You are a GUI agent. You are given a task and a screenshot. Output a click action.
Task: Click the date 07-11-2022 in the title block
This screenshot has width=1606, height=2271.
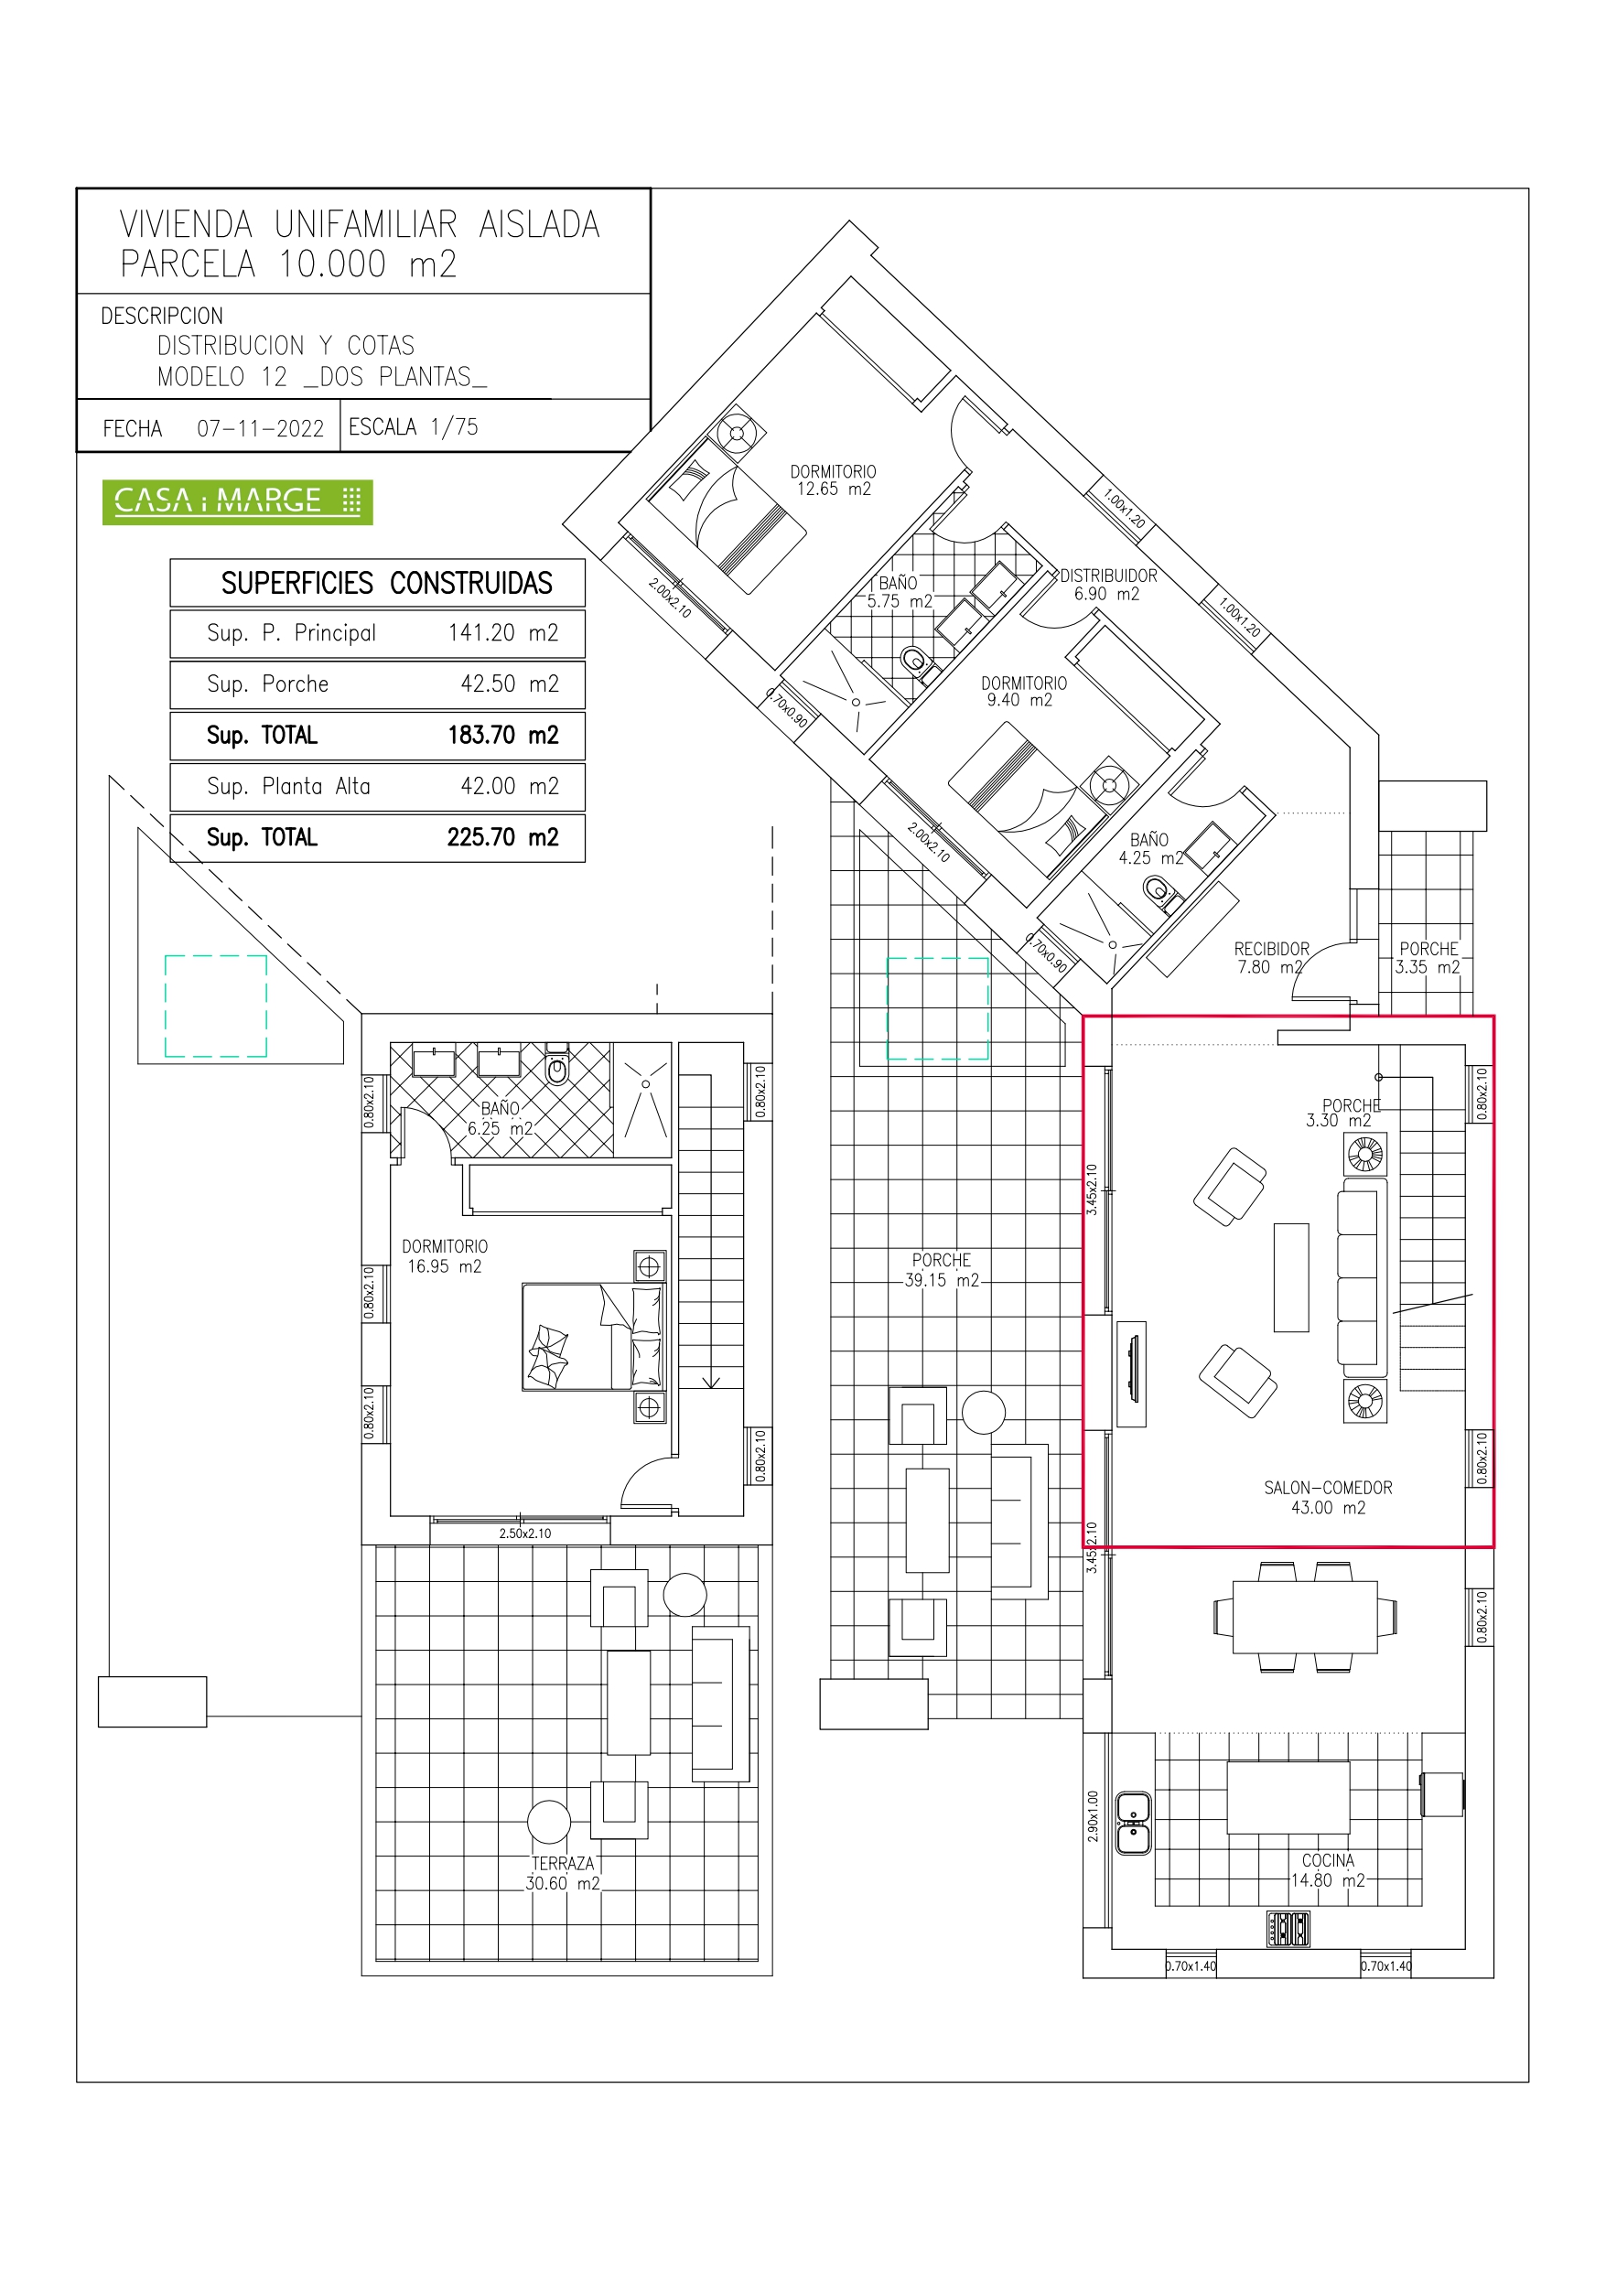point(260,428)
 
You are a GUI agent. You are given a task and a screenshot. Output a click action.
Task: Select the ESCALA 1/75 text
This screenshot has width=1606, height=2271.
point(413,426)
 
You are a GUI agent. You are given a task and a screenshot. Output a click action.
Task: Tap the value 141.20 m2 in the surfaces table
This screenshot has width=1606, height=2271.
point(502,633)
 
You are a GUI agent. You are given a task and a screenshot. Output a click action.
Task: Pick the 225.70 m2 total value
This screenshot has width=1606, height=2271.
point(502,838)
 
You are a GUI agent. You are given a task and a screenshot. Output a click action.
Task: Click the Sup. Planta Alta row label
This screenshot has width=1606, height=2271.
point(288,786)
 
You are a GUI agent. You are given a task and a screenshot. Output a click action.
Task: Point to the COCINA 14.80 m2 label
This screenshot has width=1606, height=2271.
point(1328,1870)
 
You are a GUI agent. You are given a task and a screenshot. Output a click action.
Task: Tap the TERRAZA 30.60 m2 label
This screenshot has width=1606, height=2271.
point(562,1873)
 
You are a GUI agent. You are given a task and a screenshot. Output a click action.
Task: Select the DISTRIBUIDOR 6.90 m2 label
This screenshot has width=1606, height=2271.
point(1107,585)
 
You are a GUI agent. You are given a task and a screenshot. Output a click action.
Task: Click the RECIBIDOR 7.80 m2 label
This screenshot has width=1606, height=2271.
point(1270,957)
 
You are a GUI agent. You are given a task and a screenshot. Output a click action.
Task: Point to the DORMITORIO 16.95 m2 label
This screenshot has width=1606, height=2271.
point(445,1256)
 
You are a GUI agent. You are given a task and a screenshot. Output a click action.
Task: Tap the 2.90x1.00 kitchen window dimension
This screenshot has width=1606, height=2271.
point(1093,1816)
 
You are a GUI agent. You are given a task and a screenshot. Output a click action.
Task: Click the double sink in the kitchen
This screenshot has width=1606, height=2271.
point(1133,1822)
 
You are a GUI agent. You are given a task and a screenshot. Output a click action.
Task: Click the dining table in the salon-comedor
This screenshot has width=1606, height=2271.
point(1304,1617)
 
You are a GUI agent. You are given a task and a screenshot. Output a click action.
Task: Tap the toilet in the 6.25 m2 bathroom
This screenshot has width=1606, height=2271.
point(557,1066)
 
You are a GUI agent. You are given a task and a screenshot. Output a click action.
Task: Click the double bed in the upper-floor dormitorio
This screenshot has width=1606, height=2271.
point(594,1338)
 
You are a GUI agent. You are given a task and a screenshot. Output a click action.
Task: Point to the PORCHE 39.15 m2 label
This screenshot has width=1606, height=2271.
point(941,1270)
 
